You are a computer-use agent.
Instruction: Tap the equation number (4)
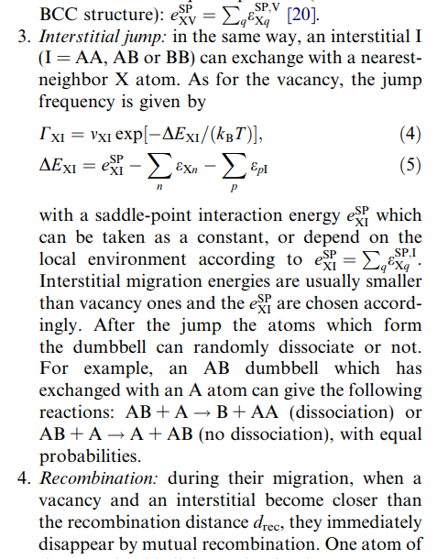411,136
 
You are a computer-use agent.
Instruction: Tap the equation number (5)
411,167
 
